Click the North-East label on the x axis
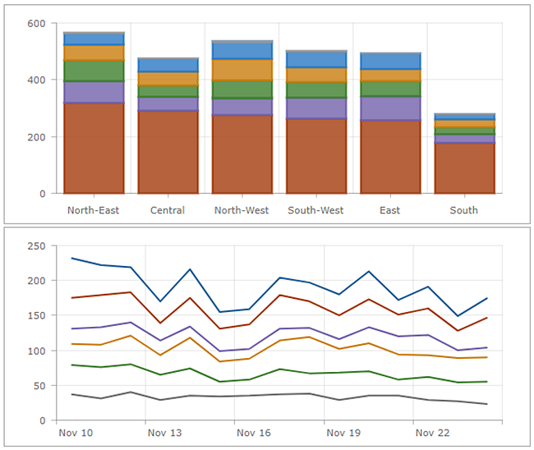pos(94,210)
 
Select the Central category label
pos(168,210)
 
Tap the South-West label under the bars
pos(315,210)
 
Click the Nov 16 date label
pos(253,432)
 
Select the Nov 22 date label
pos(432,432)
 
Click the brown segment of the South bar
pos(464,168)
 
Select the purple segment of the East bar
pos(390,108)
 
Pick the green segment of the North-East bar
pos(94,71)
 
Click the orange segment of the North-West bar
pos(242,70)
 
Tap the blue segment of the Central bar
pos(168,65)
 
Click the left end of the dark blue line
pos(72,258)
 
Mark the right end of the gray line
pos(486,404)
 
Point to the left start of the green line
pos(72,365)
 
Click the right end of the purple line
pos(486,347)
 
